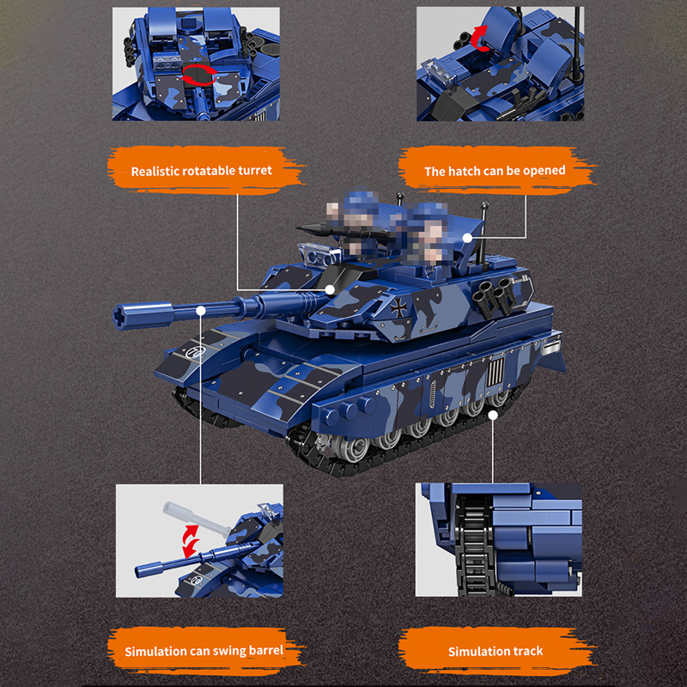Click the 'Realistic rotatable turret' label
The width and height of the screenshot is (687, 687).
[x=201, y=170]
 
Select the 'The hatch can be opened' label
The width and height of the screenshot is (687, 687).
[x=495, y=170]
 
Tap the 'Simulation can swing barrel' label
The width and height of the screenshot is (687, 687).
[x=203, y=651]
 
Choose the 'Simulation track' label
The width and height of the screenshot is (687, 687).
[x=495, y=651]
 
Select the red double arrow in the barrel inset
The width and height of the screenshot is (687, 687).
[x=190, y=541]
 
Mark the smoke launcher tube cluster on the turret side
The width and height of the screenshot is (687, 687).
[x=495, y=293]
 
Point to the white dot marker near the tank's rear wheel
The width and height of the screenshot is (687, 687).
[x=493, y=415]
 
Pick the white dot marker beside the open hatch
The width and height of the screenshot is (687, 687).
[x=467, y=236]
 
